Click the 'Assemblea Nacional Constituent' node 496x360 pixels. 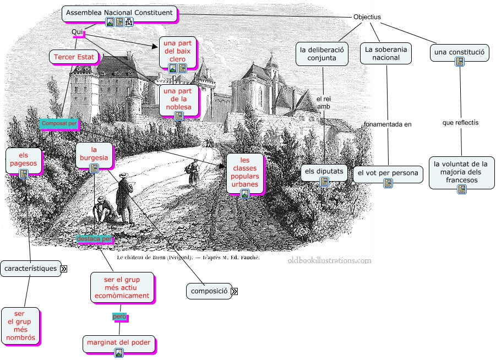point(119,13)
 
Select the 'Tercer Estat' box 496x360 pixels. point(74,57)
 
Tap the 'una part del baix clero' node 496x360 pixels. point(178,52)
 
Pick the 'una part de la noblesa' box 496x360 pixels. point(178,99)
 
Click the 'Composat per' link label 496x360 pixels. point(59,124)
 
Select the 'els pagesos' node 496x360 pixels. point(24,159)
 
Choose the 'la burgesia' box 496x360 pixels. point(94,154)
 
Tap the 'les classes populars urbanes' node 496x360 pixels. point(245,172)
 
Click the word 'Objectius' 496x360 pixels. point(367,17)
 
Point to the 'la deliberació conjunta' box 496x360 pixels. point(322,54)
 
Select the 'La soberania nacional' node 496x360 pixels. point(386,53)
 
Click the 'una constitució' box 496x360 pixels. point(459,53)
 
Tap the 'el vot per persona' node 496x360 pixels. point(388,174)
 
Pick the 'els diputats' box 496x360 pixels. point(324,172)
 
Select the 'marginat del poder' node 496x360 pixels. point(118,343)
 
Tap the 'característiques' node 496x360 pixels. point(30,269)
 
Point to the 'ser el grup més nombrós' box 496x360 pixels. point(20,325)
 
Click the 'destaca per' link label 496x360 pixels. point(94,239)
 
